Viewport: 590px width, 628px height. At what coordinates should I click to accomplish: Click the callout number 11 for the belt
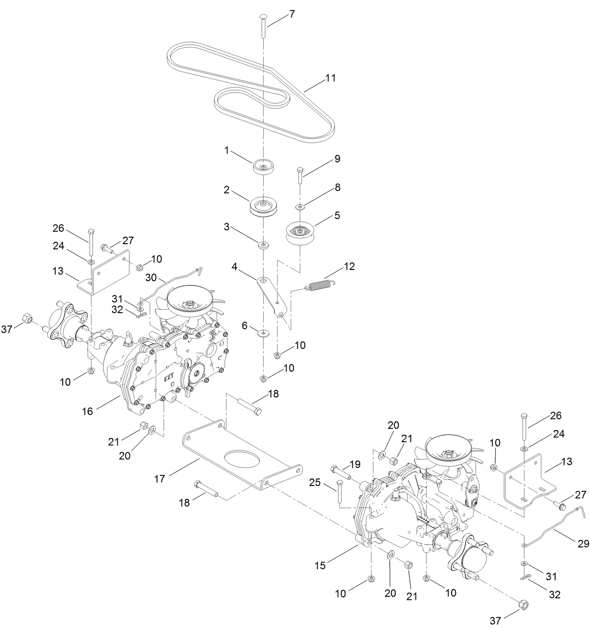click(x=331, y=78)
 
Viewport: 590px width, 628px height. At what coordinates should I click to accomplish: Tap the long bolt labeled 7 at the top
click(x=263, y=26)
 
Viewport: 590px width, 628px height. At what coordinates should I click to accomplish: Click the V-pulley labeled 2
click(x=263, y=207)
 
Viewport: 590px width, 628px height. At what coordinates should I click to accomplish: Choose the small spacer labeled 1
click(x=263, y=167)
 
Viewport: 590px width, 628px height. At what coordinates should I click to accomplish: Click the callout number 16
click(x=88, y=411)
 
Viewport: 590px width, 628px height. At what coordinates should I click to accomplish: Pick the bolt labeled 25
click(x=338, y=492)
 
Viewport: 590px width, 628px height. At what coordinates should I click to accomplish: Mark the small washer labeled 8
click(x=299, y=206)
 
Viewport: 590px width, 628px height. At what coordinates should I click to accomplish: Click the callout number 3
click(x=227, y=227)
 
